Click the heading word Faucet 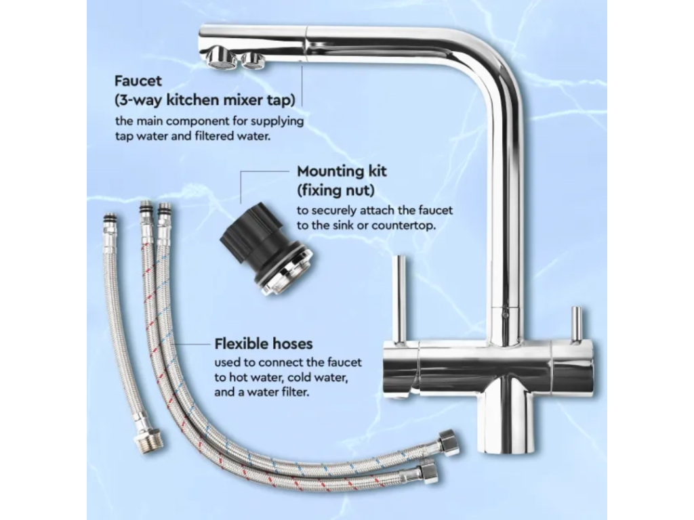tap(138, 81)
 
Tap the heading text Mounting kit tap(342, 171)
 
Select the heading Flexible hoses tap(264, 343)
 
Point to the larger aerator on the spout tap(218, 60)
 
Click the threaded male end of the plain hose tap(152, 437)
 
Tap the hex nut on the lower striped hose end tap(428, 470)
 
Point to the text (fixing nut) tap(335, 190)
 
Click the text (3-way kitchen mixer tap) tap(205, 100)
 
